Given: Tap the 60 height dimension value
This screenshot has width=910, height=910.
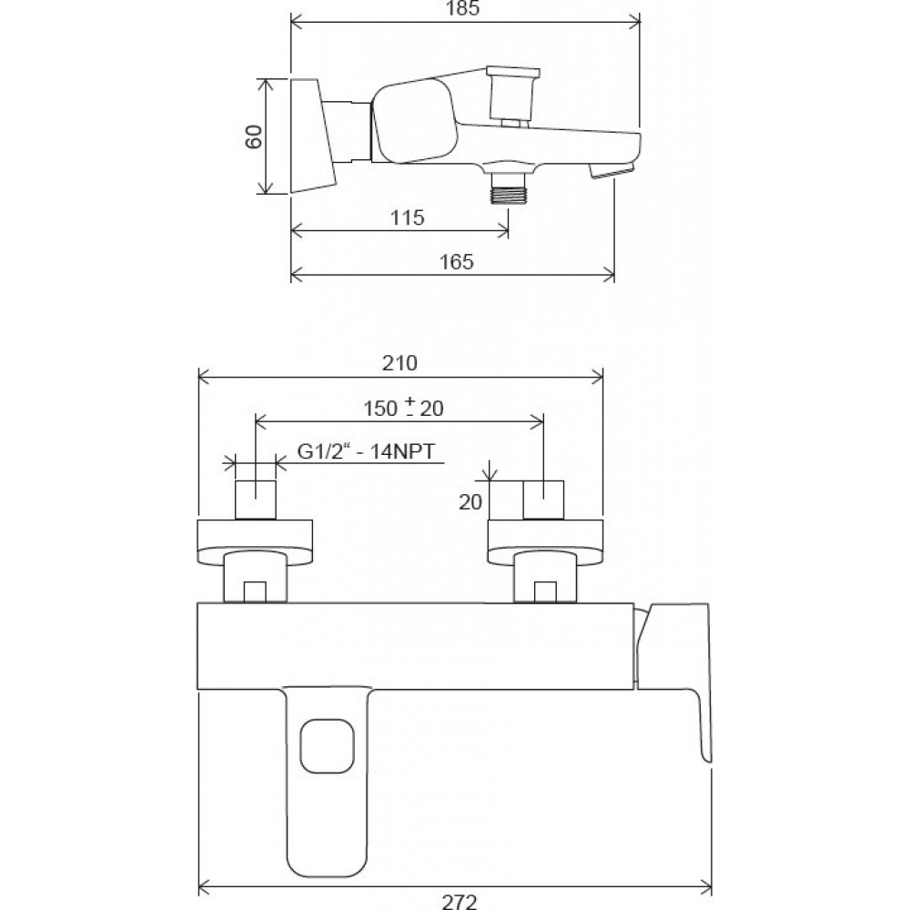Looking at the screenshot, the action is (254, 137).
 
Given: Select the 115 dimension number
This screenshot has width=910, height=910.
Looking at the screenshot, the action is (407, 217).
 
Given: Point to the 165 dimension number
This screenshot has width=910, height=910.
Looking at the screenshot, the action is (456, 262).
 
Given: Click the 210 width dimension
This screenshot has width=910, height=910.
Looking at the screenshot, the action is (399, 363).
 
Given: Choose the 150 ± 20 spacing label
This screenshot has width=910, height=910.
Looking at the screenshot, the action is (403, 408).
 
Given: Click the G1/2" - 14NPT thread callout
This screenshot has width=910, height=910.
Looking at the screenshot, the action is (366, 451).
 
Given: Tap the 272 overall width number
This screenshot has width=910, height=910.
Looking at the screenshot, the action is (459, 901).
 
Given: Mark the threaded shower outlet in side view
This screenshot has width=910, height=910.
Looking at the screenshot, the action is (509, 187).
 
